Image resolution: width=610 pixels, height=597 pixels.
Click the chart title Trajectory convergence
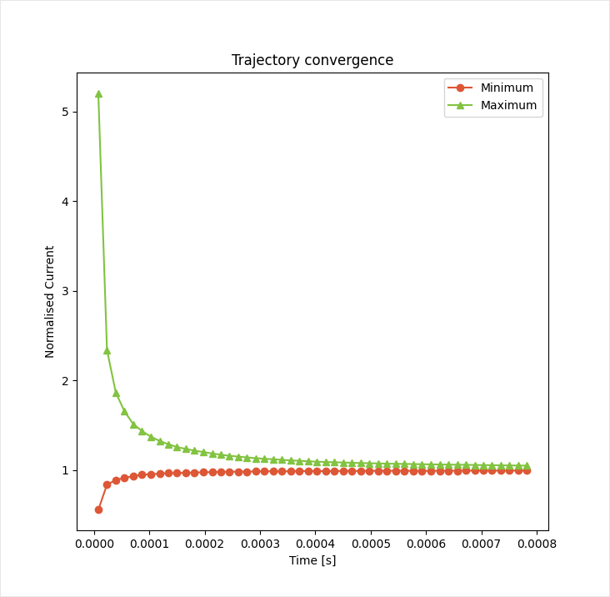pyautogui.click(x=312, y=60)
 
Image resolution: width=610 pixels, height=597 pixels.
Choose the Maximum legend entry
pyautogui.click(x=508, y=106)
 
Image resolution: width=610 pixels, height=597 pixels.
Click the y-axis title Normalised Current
pyautogui.click(x=50, y=302)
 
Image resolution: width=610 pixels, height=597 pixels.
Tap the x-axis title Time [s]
pyautogui.click(x=312, y=560)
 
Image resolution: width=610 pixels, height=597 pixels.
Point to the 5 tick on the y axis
pyautogui.click(x=67, y=112)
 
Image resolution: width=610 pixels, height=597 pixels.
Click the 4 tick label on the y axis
pyautogui.click(x=67, y=202)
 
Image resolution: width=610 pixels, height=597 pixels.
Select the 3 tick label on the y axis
pyautogui.click(x=67, y=291)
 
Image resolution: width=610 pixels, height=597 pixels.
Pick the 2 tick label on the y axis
pyautogui.click(x=67, y=381)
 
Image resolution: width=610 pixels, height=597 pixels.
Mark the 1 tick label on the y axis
pyautogui.click(x=67, y=470)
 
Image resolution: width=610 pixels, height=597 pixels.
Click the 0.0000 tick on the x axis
pyautogui.click(x=94, y=544)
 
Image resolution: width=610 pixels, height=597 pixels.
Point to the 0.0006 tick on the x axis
pyautogui.click(x=426, y=544)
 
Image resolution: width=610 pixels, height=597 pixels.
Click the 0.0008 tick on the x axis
pyautogui.click(x=536, y=544)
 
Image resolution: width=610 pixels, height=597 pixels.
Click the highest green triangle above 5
pyautogui.click(x=98, y=93)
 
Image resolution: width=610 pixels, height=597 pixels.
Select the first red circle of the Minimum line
pyautogui.click(x=98, y=509)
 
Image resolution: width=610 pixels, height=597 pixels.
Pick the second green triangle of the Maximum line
pyautogui.click(x=107, y=350)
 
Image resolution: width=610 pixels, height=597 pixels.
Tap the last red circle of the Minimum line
pyautogui.click(x=527, y=470)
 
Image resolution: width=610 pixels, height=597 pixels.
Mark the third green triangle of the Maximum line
pyautogui.click(x=116, y=393)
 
